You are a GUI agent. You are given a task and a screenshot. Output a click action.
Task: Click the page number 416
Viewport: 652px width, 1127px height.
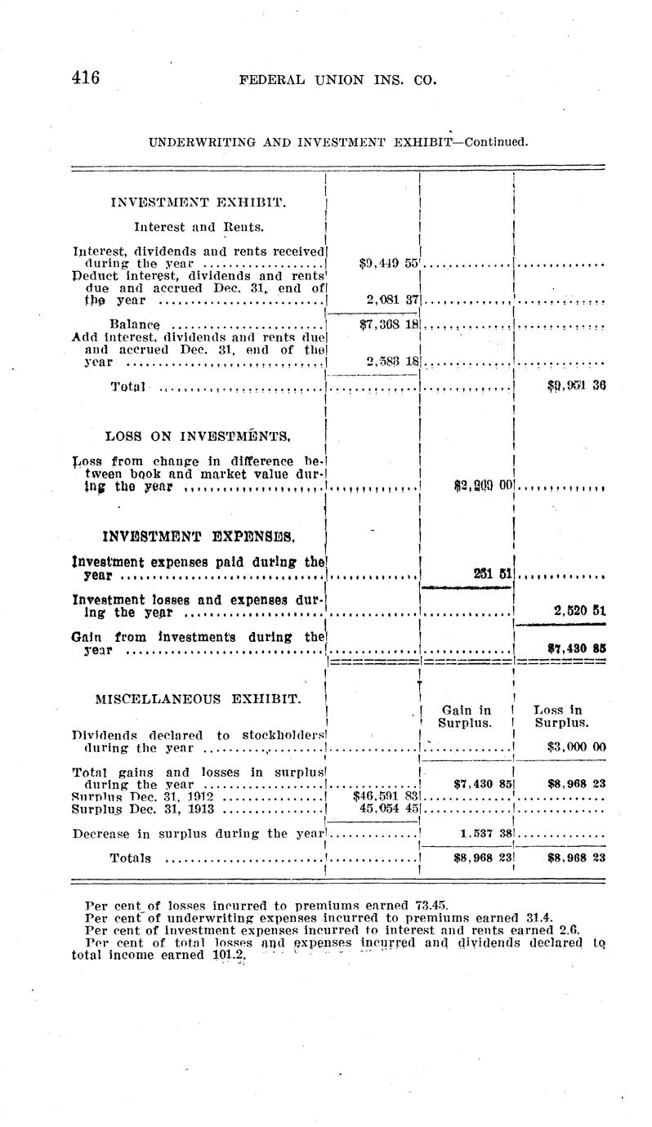click(x=85, y=78)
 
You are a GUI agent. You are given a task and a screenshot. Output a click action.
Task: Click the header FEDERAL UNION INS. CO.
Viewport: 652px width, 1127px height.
click(x=337, y=80)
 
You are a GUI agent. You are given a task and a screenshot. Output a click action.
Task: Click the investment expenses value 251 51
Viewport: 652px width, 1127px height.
click(x=493, y=574)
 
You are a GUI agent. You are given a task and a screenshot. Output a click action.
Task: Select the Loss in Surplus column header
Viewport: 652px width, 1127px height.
click(x=560, y=716)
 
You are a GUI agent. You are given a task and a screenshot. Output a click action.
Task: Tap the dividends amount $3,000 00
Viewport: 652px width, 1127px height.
click(x=575, y=746)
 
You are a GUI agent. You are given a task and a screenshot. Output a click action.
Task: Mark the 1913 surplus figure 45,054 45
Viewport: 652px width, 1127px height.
click(x=389, y=808)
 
